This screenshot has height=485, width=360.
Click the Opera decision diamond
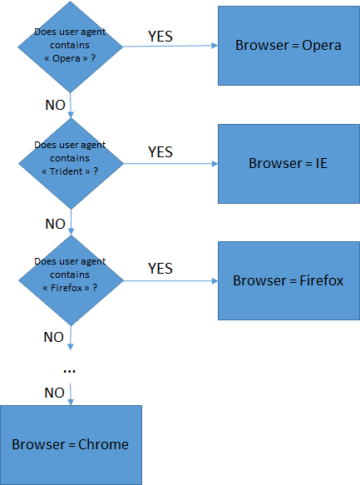point(71,47)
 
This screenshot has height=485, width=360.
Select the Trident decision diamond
point(71,164)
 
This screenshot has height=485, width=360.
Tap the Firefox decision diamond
point(71,280)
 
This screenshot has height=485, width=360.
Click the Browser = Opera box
point(289,46)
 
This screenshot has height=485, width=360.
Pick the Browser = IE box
point(289,164)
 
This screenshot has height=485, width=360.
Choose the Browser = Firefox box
point(289,281)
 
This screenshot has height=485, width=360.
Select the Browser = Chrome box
point(71,445)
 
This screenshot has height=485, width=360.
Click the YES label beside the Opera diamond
point(160,37)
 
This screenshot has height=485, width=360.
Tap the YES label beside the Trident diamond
point(160,152)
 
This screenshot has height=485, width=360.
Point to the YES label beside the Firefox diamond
point(160,269)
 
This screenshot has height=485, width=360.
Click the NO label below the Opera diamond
point(56,105)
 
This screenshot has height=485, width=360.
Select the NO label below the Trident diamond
point(56,224)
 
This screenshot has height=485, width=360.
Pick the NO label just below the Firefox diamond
point(54,337)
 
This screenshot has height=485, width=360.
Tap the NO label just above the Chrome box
point(54,393)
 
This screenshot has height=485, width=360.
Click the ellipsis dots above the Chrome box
point(69,370)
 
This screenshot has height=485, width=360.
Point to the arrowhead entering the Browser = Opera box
point(215,46)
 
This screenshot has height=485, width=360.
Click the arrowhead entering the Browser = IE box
point(215,164)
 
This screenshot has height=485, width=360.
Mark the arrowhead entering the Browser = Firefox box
point(215,281)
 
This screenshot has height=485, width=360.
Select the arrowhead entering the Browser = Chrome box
point(71,402)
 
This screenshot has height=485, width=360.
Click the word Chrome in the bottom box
point(103,444)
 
